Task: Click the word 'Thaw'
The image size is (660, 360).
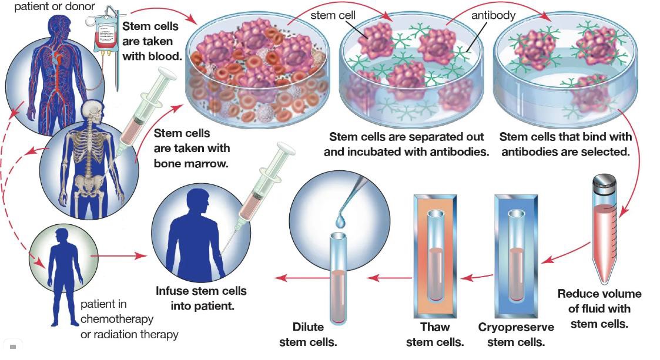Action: pos(435,327)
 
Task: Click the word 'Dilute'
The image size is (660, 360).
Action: pos(308,327)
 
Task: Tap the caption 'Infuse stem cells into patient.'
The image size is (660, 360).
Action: pos(202,298)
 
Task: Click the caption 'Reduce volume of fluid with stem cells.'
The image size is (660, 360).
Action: pos(599,308)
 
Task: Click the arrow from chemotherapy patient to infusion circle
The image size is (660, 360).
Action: pos(118,255)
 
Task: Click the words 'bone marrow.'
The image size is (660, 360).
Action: pos(191,163)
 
